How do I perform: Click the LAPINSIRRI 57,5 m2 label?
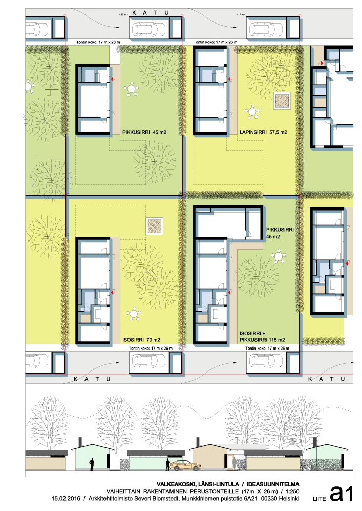point(263,132)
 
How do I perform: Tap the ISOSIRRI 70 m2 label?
point(141,340)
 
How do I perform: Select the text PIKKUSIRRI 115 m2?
point(262,340)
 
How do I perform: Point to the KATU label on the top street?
point(151,13)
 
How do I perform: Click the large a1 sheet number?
point(342,494)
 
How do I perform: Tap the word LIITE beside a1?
point(319,499)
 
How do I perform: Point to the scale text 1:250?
point(292,491)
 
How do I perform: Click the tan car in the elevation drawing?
point(185,466)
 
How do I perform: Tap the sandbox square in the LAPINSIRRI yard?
point(282,101)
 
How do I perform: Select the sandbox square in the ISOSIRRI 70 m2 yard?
point(155,226)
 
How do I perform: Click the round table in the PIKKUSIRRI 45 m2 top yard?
point(131,89)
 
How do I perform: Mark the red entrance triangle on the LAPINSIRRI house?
point(230,79)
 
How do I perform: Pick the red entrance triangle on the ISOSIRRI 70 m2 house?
point(112,292)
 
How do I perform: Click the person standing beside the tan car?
point(167,464)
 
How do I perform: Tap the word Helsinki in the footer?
point(289,498)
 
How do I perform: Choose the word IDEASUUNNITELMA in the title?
point(273,484)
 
